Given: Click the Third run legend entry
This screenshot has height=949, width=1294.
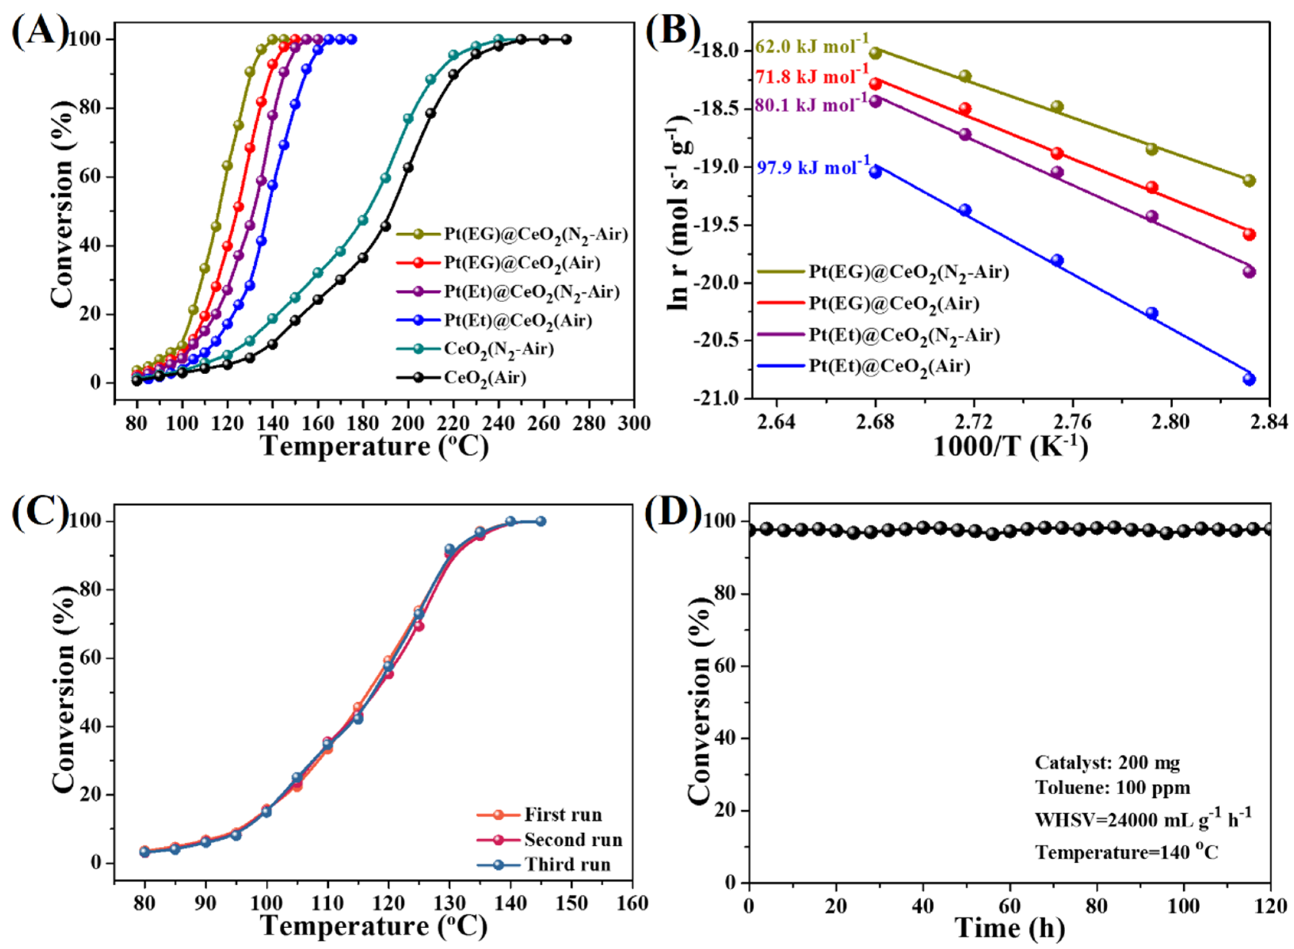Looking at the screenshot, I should point(566,865).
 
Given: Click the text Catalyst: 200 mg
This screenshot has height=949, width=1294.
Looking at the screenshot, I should point(1107,762).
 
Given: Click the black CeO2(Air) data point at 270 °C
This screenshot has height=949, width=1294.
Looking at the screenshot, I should point(566,39).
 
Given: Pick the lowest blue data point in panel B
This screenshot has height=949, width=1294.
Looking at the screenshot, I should point(1249,379).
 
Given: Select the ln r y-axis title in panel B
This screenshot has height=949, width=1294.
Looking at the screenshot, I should point(680,213).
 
